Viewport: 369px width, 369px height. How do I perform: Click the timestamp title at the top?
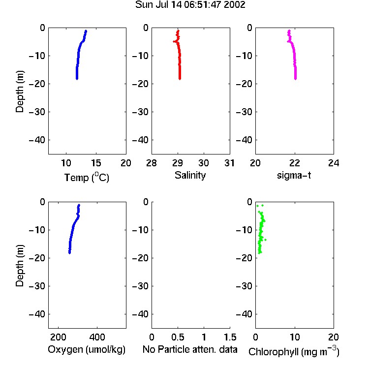click(x=190, y=5)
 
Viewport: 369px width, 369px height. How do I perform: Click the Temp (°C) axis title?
click(x=87, y=177)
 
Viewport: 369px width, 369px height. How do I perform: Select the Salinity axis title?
click(x=190, y=175)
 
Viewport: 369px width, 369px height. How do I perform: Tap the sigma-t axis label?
click(x=294, y=175)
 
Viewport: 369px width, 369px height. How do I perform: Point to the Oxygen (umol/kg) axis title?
click(x=87, y=349)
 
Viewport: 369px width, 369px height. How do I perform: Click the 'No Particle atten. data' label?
click(x=190, y=349)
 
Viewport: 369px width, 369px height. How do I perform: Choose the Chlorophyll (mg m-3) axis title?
click(x=294, y=351)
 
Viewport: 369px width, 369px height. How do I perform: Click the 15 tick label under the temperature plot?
click(x=96, y=163)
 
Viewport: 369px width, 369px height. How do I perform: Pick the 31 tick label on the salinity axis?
click(x=229, y=163)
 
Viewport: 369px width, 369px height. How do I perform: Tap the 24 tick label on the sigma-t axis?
click(x=334, y=163)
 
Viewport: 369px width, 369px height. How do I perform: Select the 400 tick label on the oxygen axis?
click(x=97, y=337)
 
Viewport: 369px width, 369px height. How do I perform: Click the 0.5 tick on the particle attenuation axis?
click(x=178, y=337)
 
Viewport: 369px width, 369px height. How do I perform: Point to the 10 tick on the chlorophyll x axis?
click(x=295, y=337)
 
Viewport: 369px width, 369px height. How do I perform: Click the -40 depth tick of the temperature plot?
click(x=37, y=140)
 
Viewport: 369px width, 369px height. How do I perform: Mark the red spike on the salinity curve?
click(x=174, y=41)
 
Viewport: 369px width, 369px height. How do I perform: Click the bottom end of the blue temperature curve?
click(x=77, y=79)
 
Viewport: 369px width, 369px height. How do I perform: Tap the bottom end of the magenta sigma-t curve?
click(x=295, y=79)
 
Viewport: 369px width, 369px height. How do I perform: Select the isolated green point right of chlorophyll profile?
click(x=266, y=240)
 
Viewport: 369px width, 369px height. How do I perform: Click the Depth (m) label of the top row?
click(x=20, y=92)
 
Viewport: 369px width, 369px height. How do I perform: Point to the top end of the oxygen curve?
click(x=79, y=205)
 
